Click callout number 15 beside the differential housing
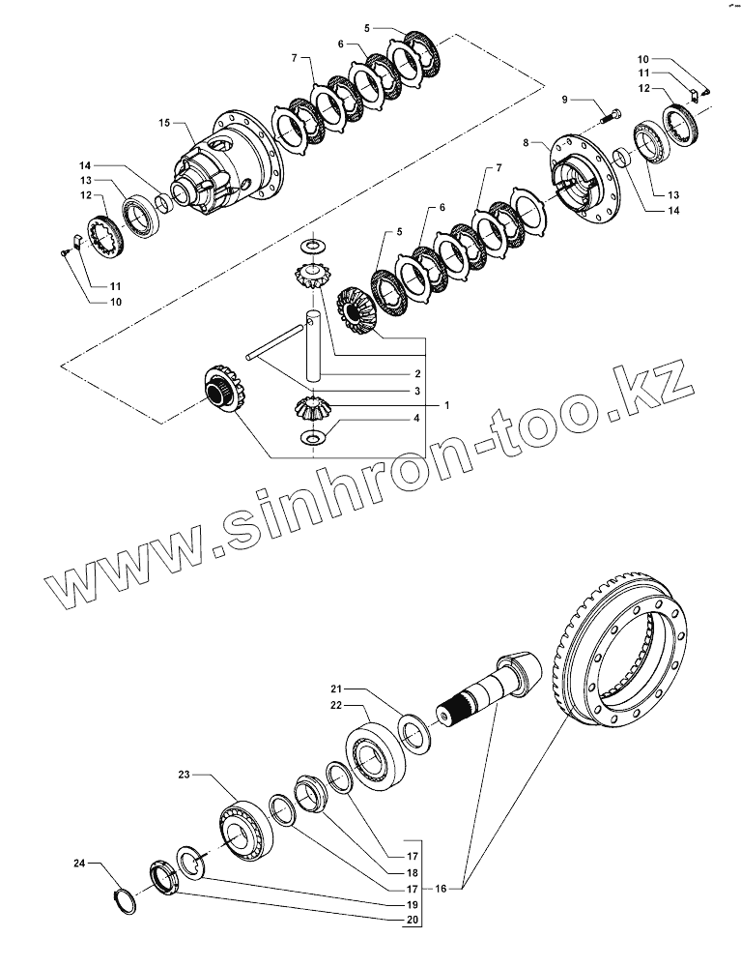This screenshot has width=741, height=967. click(163, 123)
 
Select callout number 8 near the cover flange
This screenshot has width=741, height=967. click(526, 142)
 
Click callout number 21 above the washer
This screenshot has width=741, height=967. click(335, 689)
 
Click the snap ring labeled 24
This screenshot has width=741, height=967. click(124, 897)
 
